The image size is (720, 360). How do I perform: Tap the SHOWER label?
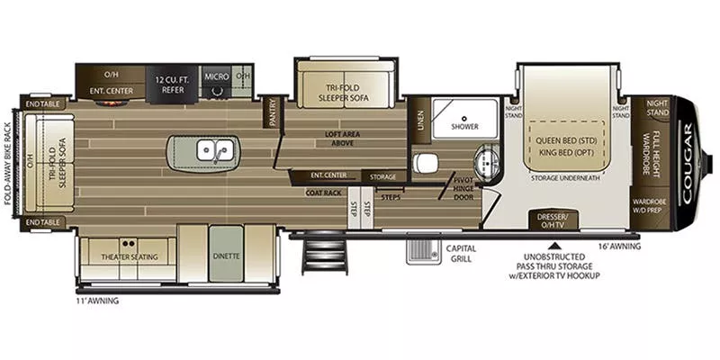(465, 126)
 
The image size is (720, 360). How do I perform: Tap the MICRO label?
(215, 76)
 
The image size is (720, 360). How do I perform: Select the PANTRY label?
(271, 112)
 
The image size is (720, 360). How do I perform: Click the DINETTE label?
(227, 256)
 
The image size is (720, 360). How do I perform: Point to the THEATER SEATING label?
(129, 256)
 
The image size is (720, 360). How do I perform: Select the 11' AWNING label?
(97, 301)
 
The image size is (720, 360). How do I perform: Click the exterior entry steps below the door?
(318, 256)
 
